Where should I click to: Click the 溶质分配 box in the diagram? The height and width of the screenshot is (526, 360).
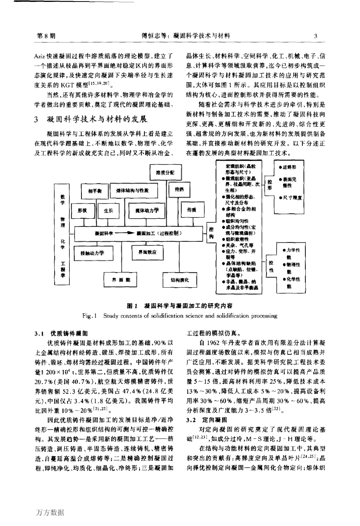pos(165,172)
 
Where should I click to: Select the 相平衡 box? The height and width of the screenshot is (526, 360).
pos(93,191)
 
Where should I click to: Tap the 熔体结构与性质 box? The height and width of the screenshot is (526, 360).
pos(130,191)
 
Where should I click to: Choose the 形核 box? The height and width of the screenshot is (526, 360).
pos(82,210)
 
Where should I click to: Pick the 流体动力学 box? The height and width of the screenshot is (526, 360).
pos(147,210)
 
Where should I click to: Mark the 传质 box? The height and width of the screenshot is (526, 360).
pos(191,210)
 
